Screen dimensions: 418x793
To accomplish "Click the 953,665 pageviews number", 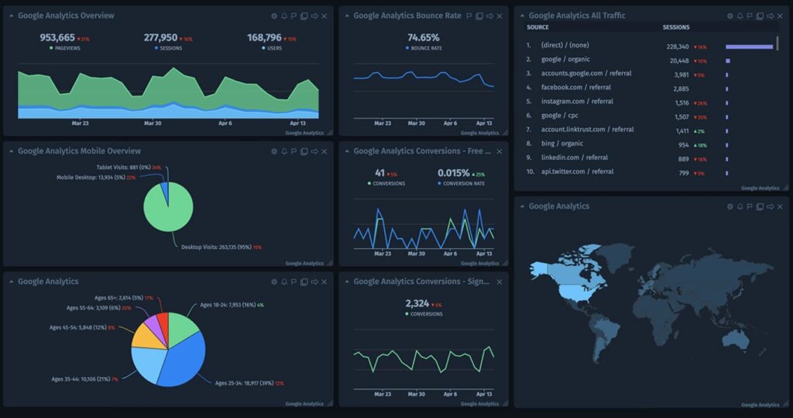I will tap(57, 37).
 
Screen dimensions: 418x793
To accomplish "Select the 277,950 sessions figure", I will tap(160, 37).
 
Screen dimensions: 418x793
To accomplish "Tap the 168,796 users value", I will tap(264, 37).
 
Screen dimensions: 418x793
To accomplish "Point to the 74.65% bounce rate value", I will tap(423, 37).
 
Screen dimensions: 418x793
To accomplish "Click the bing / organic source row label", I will tap(562, 143).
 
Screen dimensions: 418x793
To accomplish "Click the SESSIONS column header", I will tap(676, 27).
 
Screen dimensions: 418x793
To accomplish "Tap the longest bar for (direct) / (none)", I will tap(749, 47).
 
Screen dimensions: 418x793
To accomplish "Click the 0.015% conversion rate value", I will tap(453, 173).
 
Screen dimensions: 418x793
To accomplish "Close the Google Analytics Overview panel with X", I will tap(324, 16).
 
